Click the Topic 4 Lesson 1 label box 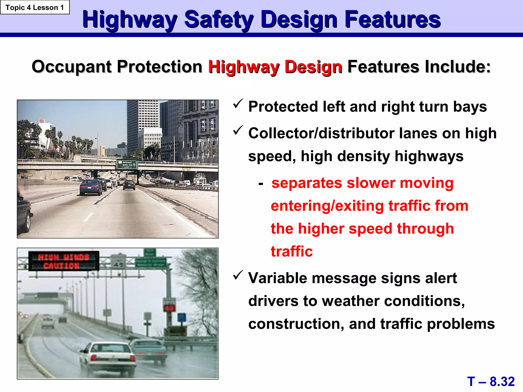tap(35, 7)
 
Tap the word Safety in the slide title tap(219, 20)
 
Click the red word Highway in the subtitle tap(244, 67)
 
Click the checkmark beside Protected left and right tap(238, 104)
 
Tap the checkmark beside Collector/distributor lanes tap(238, 131)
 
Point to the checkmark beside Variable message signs tap(238, 275)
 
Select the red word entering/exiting tap(327, 206)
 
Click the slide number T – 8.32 tap(491, 382)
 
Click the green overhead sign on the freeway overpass tap(127, 165)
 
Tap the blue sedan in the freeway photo tap(91, 187)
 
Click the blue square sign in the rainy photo tap(182, 317)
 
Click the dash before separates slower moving tap(260, 184)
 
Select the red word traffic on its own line tap(292, 252)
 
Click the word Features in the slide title tap(393, 20)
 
